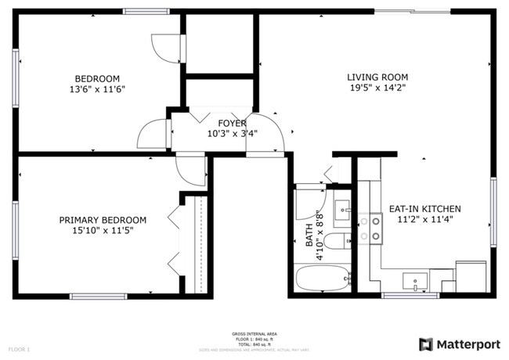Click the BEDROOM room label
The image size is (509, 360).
(96, 78)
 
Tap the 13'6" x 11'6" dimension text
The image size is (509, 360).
(96, 89)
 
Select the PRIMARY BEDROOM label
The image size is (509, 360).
(103, 220)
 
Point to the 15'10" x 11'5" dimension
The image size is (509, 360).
(103, 231)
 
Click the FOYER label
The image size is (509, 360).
(232, 124)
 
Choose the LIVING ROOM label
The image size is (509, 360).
(377, 77)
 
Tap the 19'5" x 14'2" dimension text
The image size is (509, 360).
(377, 88)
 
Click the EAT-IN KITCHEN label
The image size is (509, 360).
(425, 209)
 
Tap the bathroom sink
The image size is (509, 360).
(342, 210)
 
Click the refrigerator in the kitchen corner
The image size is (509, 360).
(470, 276)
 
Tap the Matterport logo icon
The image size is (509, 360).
(425, 344)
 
